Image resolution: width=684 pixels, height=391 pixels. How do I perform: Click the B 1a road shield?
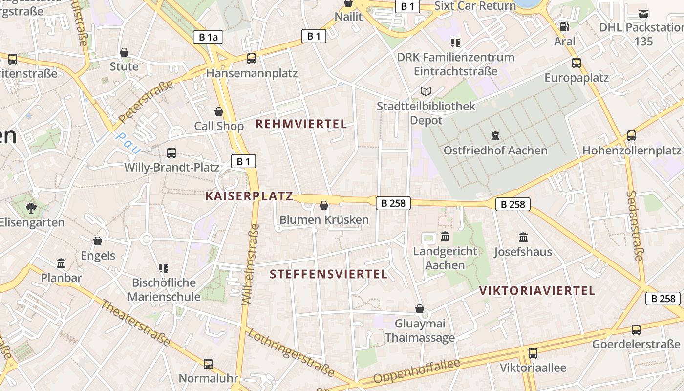coord(208,37)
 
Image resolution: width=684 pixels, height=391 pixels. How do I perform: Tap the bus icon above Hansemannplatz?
coord(252,59)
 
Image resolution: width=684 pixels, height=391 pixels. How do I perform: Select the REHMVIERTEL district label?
coord(301,124)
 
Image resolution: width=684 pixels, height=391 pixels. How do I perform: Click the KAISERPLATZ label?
coord(249,196)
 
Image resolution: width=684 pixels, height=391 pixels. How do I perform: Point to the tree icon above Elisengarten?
coord(31,208)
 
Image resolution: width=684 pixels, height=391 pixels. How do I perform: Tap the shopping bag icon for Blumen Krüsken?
coord(323,205)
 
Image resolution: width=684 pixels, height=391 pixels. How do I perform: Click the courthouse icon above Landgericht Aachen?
coord(445,237)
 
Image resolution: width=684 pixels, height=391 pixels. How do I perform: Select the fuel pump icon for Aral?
coord(564,27)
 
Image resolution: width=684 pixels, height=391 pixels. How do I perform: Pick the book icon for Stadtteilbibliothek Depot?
coord(426,91)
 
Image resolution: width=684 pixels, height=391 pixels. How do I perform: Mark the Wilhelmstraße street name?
coord(250,264)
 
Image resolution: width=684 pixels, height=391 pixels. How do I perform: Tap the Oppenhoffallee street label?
coord(417,371)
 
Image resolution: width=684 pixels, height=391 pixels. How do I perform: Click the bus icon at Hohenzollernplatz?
coord(632,135)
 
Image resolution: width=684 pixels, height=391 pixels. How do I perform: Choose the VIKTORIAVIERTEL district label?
coord(537,291)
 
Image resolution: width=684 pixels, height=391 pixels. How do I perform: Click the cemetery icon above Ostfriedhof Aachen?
coord(495,135)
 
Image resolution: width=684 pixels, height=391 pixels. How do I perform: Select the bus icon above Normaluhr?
coord(208,364)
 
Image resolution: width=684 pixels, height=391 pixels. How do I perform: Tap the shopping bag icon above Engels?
coord(98,240)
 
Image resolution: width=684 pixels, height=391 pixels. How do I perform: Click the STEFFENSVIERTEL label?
coord(329,274)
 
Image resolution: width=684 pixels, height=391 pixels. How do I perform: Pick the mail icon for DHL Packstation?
coord(643,14)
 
